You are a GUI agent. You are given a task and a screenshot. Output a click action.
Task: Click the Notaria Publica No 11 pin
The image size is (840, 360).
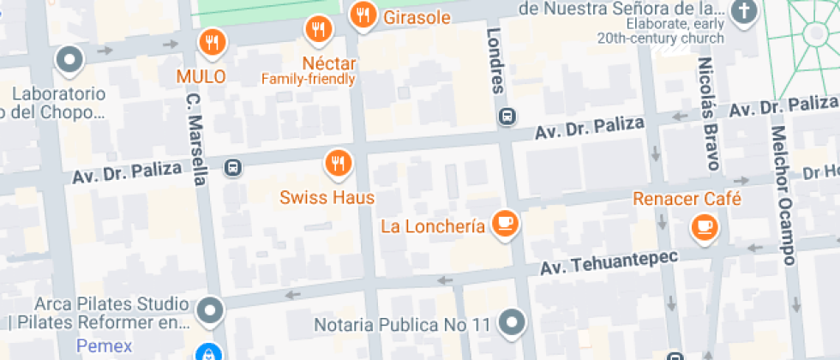513,322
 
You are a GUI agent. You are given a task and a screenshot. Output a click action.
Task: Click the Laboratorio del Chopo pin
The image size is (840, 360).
69,60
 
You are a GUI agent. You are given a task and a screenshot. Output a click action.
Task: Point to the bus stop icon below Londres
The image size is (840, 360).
508,117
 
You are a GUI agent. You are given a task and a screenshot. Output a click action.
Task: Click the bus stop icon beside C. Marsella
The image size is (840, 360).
232,165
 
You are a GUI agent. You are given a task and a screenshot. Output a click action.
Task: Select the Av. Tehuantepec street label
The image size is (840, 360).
609,261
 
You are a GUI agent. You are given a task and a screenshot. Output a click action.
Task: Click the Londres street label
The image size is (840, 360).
495,59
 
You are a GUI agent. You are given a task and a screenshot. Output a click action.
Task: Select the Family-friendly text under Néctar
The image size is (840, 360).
309,80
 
